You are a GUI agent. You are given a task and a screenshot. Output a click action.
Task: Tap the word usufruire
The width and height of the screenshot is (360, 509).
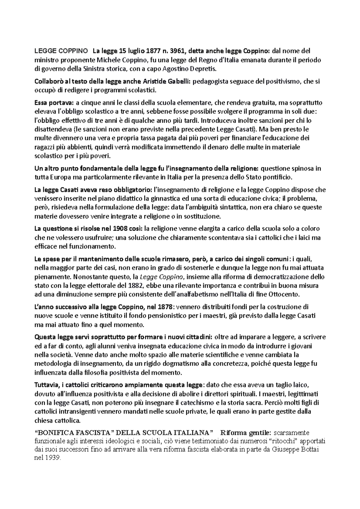[x=94, y=238]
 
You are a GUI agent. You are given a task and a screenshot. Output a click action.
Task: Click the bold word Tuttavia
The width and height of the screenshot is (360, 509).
[x=47, y=385]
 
